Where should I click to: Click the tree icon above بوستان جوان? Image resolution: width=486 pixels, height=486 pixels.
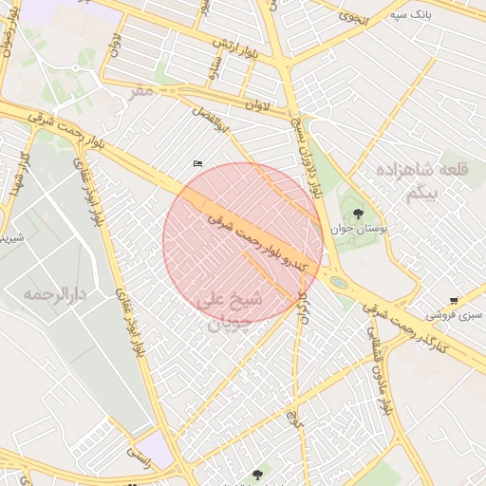point(358,215)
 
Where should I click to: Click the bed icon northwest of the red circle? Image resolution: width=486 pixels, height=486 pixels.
point(197,164)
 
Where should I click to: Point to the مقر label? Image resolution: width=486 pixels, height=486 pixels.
point(141,90)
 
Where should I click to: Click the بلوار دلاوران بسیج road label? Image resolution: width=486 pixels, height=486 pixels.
point(308,157)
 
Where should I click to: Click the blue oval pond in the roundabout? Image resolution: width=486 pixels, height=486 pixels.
point(339,282)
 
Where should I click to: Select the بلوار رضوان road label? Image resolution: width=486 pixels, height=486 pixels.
point(9,38)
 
